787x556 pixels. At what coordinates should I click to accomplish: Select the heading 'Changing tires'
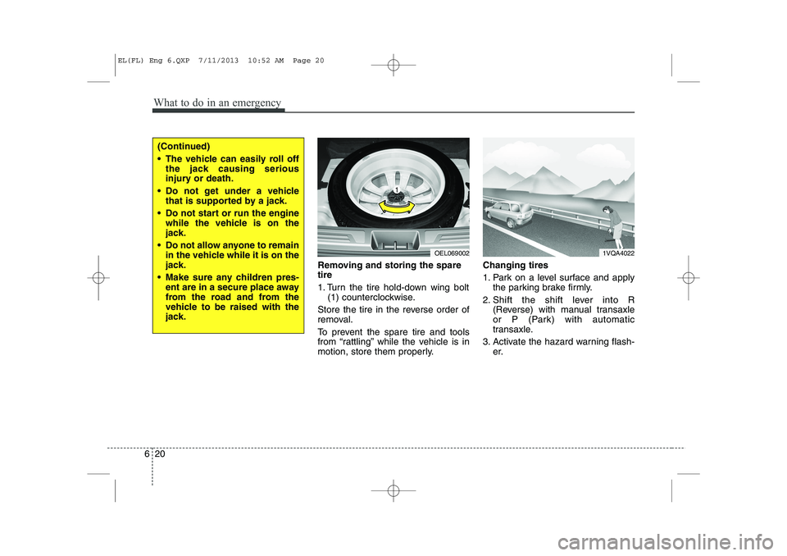click(x=516, y=266)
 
